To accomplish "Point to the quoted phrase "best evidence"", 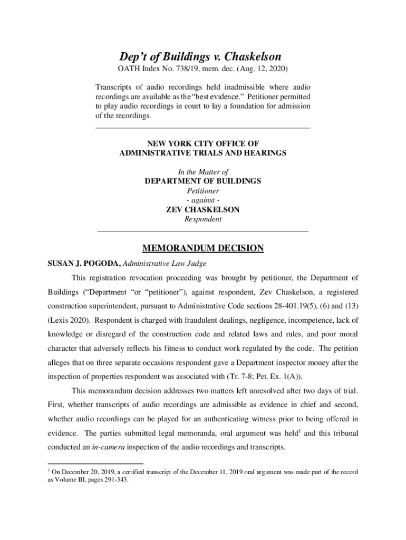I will (236, 97).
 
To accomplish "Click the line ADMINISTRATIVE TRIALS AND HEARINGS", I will (203, 153).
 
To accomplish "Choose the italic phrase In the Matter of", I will (203, 172).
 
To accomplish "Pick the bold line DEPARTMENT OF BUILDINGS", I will (203, 181).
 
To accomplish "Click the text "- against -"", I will (203, 200).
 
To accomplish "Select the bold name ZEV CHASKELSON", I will (203, 210).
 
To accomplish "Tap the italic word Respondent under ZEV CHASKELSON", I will (203, 219).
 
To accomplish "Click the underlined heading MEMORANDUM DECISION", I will (203, 248).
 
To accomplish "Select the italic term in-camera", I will (110, 447).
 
